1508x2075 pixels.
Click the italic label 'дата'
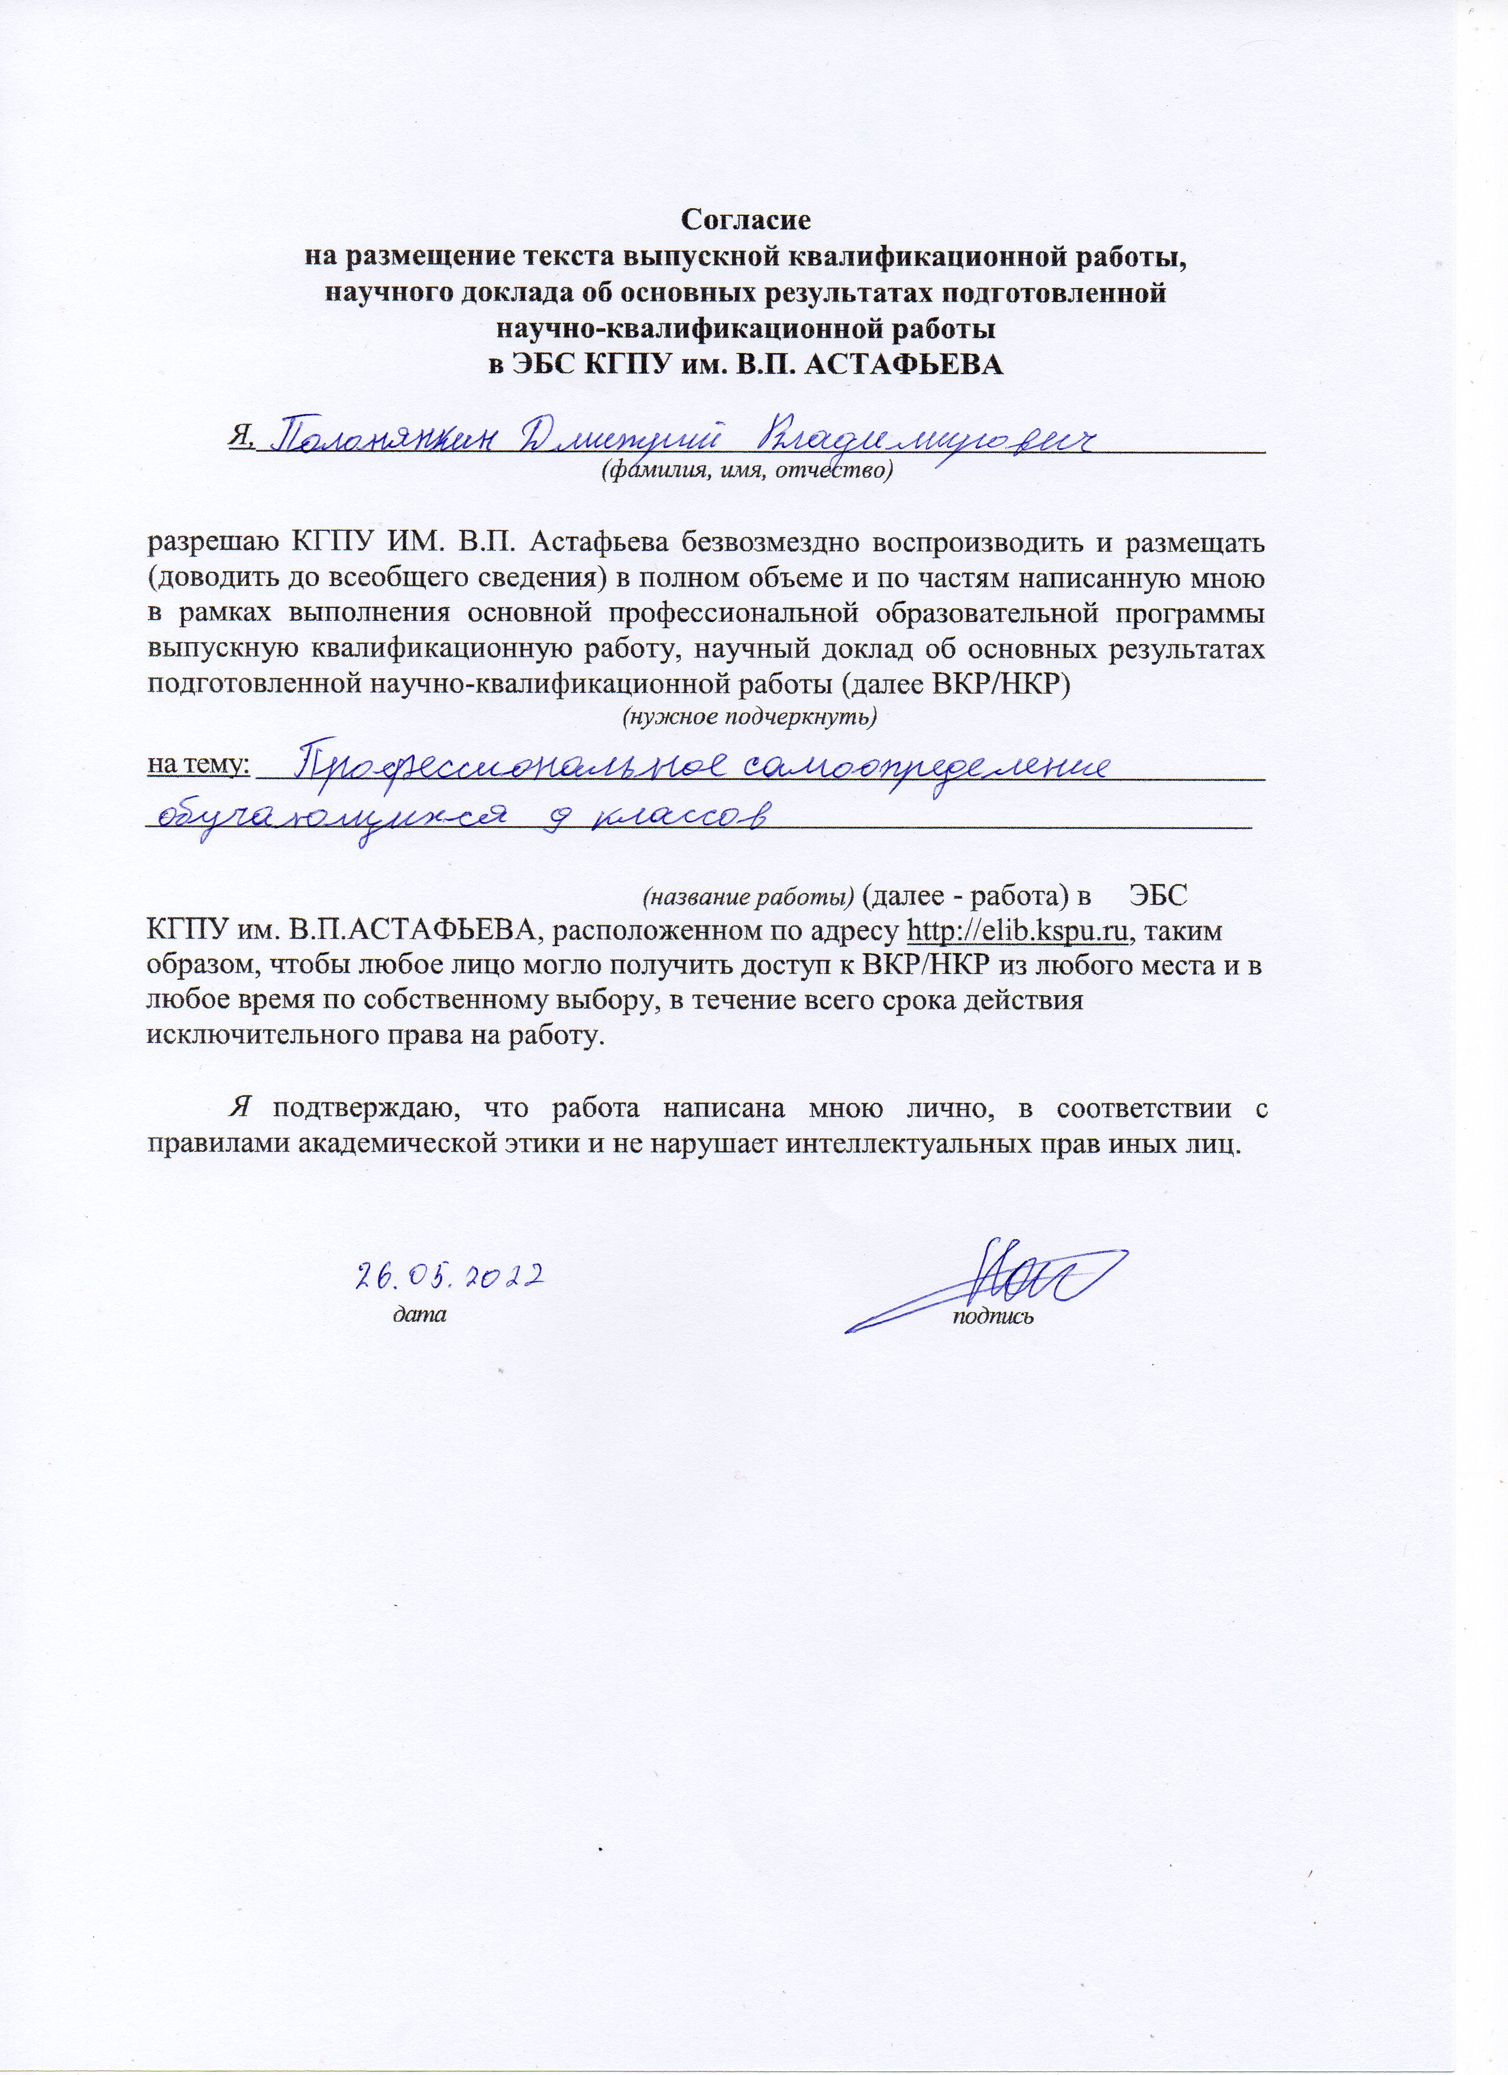pos(419,1316)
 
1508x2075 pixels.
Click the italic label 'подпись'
pos(993,1317)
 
